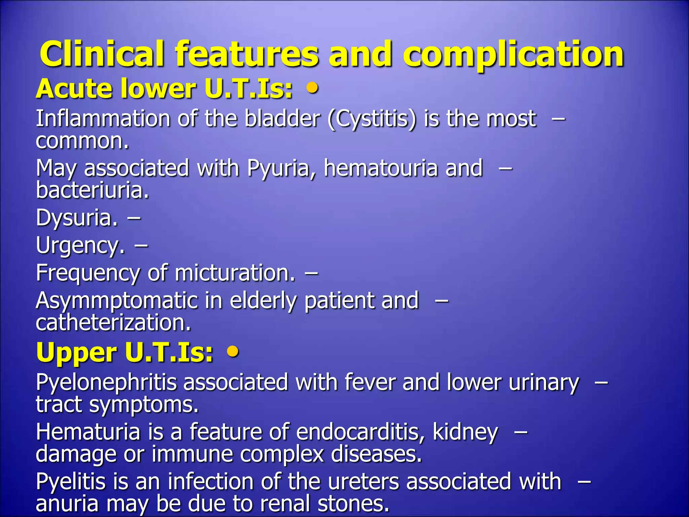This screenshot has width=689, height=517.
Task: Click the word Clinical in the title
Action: pyautogui.click(x=102, y=54)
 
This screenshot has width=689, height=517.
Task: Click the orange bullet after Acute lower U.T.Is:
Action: pyautogui.click(x=313, y=88)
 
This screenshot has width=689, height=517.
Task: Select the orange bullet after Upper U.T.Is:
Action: pyautogui.click(x=233, y=352)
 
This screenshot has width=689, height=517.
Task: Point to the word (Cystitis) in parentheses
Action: pyautogui.click(x=372, y=119)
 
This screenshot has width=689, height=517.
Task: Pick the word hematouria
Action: pyautogui.click(x=380, y=168)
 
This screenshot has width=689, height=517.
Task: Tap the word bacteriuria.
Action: pyautogui.click(x=92, y=190)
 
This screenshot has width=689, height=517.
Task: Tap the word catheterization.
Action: pyautogui.click(x=113, y=323)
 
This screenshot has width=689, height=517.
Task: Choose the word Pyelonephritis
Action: pyautogui.click(x=106, y=383)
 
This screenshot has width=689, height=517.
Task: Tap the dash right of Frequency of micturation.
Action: pyautogui.click(x=311, y=273)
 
